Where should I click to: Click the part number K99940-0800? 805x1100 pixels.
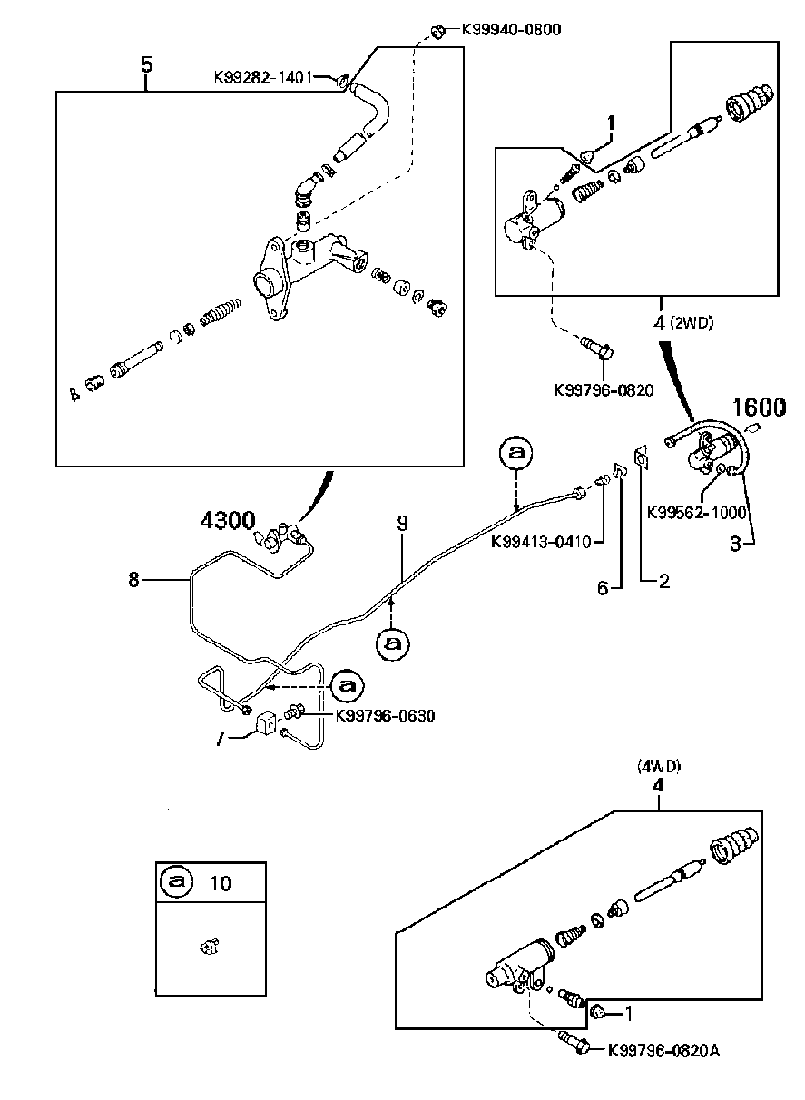tap(511, 29)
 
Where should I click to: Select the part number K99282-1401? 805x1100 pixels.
tap(262, 78)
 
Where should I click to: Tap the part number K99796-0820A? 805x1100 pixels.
tap(663, 1049)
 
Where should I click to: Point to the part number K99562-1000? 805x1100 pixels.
tap(696, 512)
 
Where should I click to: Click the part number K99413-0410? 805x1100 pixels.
tap(541, 542)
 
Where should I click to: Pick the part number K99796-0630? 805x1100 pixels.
tap(385, 715)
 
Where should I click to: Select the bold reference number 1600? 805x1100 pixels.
tap(759, 408)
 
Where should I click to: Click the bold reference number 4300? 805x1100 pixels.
tap(227, 522)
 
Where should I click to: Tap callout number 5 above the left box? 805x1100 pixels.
tap(147, 64)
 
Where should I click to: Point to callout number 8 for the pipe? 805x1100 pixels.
tap(134, 579)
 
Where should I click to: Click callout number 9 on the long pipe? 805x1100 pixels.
tap(402, 523)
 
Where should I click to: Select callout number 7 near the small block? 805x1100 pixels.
tap(219, 739)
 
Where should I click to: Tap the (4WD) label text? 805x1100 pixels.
tap(659, 766)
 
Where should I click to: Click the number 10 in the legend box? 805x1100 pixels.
tap(220, 881)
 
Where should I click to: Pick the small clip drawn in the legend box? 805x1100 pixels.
tap(208, 948)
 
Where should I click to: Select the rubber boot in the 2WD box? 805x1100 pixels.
tap(749, 103)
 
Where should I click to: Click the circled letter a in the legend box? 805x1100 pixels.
tap(178, 881)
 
